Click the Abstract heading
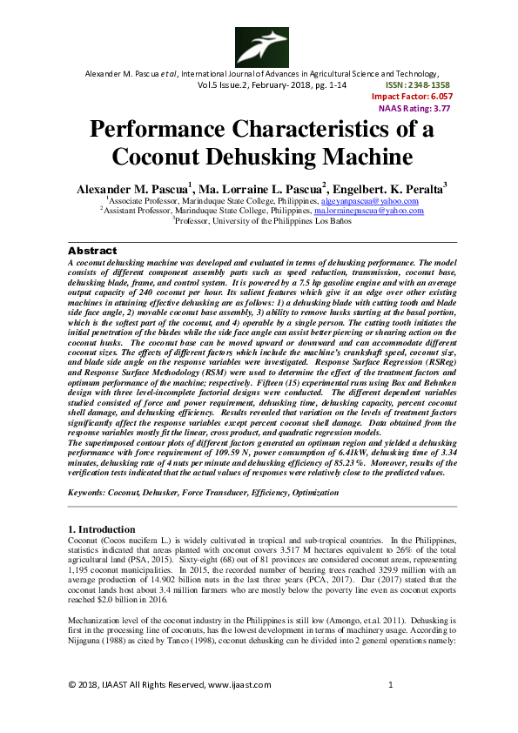[92, 249]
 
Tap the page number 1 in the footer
[391, 684]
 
